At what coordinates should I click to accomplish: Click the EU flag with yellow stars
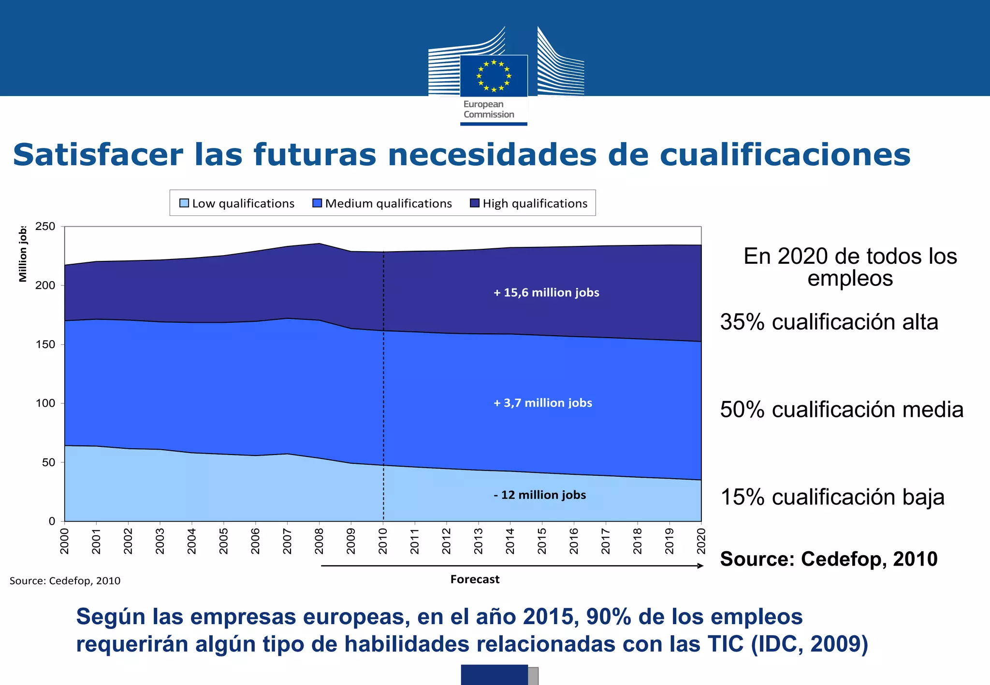point(494,76)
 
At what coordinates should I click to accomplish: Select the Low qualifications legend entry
point(237,203)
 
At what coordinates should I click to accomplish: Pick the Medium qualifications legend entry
point(382,203)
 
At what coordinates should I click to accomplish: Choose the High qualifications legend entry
point(529,203)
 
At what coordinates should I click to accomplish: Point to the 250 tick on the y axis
point(45,227)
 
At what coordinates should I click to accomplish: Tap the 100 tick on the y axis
point(45,403)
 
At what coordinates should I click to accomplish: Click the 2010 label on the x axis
point(383,541)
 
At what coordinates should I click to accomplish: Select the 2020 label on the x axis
point(701,541)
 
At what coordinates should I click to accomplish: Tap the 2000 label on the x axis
point(64,541)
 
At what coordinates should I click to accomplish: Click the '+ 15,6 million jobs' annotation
point(546,293)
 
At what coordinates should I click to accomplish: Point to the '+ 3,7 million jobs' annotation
point(543,403)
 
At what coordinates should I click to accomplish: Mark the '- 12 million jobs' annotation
point(539,495)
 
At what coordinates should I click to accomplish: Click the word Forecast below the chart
point(475,579)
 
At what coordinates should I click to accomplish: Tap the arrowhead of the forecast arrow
point(700,566)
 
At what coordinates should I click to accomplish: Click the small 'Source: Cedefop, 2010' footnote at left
point(65,581)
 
